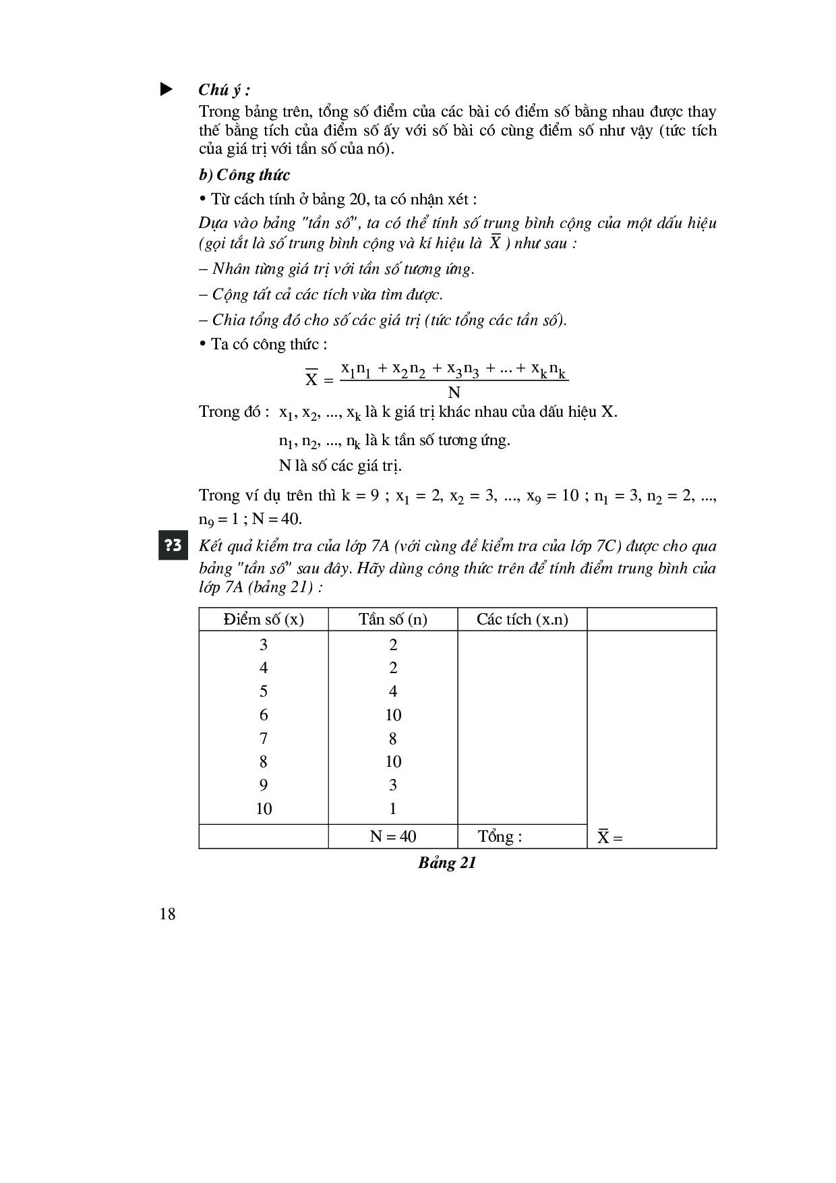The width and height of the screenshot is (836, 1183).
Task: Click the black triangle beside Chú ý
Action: (x=166, y=90)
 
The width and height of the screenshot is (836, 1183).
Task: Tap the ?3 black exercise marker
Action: (x=173, y=546)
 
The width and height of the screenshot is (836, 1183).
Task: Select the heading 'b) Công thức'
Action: (x=244, y=175)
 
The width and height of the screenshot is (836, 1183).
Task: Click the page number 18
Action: (x=167, y=914)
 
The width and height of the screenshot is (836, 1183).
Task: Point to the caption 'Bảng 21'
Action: (x=447, y=863)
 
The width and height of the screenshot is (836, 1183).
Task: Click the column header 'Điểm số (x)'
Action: (x=264, y=619)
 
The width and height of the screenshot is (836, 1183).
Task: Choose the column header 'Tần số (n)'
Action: (x=392, y=619)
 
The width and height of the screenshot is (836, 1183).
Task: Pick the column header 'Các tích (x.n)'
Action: (x=522, y=619)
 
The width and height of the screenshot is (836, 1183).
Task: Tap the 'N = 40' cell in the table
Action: (x=392, y=836)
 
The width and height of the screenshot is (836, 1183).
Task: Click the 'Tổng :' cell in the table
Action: (x=500, y=836)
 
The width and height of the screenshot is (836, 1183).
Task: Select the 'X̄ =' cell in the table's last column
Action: (x=609, y=837)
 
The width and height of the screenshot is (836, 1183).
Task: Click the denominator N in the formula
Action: (x=454, y=393)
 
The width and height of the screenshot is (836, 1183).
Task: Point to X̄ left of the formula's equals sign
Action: (x=311, y=379)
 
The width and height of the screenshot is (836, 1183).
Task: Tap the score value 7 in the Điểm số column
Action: (x=264, y=739)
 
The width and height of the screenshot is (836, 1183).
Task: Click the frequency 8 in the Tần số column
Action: (x=392, y=739)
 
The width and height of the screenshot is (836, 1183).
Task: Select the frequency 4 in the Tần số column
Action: (x=392, y=691)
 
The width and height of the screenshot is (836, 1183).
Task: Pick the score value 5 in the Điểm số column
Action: (x=264, y=691)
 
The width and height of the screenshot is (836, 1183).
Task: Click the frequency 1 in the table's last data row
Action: (x=392, y=809)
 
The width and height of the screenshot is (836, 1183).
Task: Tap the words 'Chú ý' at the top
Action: (x=223, y=90)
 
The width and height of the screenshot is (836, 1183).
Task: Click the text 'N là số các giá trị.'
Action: (x=340, y=465)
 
